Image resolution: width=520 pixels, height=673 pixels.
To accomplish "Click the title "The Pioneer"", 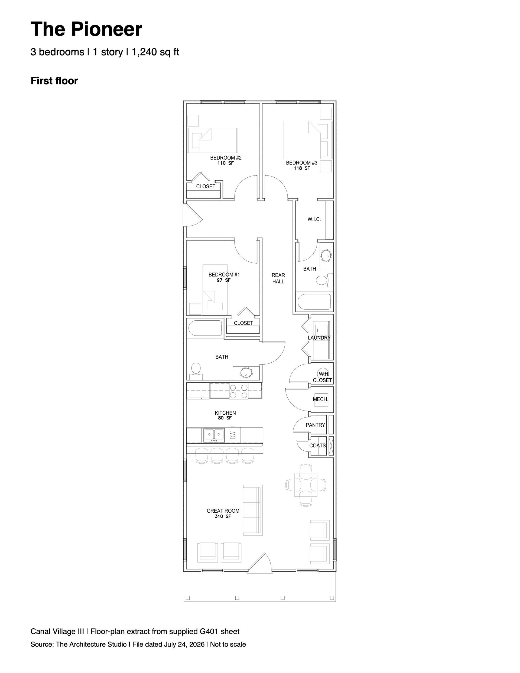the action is coord(86,29).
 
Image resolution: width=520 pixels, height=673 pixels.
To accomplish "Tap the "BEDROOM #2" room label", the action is coord(226,158).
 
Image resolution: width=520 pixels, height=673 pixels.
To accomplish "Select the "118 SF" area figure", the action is coord(302,168).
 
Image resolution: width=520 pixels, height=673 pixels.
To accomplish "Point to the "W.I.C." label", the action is coord(314,219).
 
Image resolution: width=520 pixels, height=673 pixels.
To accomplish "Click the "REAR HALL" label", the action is coord(278,278).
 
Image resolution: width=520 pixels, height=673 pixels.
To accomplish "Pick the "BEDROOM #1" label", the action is coord(224,275).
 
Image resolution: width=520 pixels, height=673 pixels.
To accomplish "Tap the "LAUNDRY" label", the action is coord(319,338).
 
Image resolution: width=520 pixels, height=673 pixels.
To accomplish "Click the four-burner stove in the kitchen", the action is coord(239,391).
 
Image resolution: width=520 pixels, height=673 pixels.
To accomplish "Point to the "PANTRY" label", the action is coord(315,425).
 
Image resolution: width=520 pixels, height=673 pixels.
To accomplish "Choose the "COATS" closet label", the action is coord(317,446).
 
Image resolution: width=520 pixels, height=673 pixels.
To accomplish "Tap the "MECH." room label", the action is coord(321,399).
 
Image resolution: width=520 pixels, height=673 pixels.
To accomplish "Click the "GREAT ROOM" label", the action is coord(223,511).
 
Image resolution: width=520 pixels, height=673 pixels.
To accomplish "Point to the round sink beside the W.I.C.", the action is coord(326,255).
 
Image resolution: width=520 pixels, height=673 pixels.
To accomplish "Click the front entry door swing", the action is coord(259,563).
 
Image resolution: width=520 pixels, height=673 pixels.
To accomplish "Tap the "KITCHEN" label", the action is coord(225,413).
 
